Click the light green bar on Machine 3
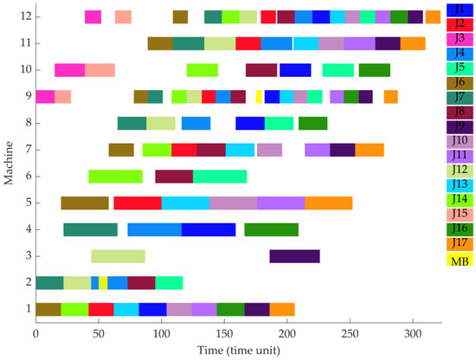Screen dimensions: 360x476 [118, 256]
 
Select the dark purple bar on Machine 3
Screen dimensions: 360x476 [294, 256]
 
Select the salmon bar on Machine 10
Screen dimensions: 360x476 [100, 70]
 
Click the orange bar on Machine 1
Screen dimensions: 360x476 [282, 309]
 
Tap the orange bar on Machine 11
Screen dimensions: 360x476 [413, 44]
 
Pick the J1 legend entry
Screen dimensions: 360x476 [457, 9]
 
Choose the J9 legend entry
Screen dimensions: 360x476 [457, 126]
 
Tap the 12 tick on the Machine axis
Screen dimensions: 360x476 [27, 16]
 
